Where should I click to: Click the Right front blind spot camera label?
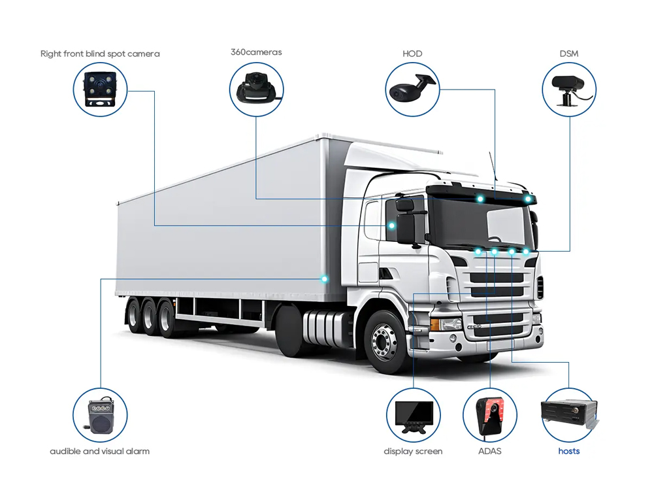point(100,54)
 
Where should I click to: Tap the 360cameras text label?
point(256,52)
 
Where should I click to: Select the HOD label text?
point(412,54)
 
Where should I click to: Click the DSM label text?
point(569,54)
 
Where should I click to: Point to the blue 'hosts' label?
point(569,451)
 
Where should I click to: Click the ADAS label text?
point(490,451)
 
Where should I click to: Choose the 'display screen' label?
point(413,451)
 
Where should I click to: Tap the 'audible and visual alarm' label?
point(99,451)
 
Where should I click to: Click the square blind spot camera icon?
point(100,90)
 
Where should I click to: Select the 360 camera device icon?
point(256,89)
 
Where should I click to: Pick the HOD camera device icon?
point(412,89)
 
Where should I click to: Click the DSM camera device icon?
point(569,89)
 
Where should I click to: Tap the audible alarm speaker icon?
point(100,416)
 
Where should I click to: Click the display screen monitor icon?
point(413,416)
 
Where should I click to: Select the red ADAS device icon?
point(490,416)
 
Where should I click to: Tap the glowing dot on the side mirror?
point(392,226)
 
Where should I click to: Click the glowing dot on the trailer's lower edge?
point(324,279)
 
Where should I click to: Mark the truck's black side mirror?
point(406,226)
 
